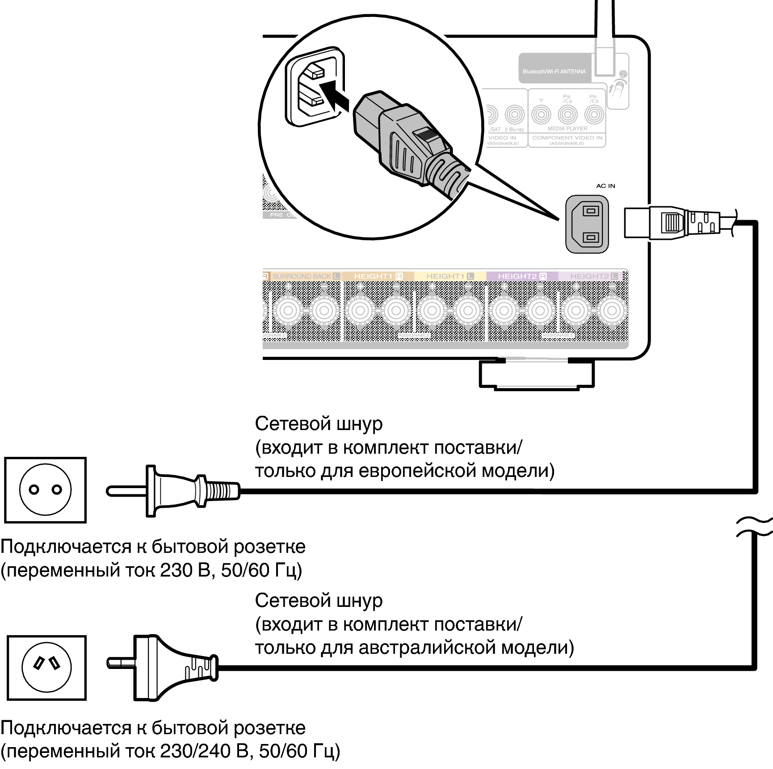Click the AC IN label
(605, 186)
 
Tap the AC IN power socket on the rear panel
(587, 224)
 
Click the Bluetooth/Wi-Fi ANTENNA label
(554, 71)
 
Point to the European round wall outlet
(45, 490)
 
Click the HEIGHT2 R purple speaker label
(522, 276)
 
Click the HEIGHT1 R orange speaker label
(378, 276)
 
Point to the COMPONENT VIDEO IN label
(567, 138)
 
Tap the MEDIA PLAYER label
(567, 129)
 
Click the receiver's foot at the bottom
(537, 375)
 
